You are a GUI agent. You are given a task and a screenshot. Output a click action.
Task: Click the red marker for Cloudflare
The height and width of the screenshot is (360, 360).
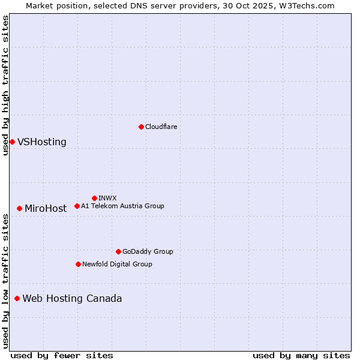tap(141, 127)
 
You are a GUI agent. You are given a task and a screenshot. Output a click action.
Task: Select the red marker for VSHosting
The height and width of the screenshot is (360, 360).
tap(12, 142)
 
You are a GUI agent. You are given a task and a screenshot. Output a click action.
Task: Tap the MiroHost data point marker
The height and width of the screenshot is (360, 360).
tap(19, 208)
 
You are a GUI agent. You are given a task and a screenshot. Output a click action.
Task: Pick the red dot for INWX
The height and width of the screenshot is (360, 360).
tap(94, 198)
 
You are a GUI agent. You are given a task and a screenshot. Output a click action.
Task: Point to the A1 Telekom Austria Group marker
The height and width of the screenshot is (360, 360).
tap(77, 206)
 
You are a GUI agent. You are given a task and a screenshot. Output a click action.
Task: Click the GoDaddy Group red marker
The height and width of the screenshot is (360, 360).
tap(118, 251)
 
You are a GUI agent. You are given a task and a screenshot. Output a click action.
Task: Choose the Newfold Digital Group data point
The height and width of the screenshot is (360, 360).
tap(78, 264)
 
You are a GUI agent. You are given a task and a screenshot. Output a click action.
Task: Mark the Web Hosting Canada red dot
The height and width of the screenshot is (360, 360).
tap(17, 298)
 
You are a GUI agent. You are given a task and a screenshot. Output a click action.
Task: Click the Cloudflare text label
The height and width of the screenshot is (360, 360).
tap(161, 127)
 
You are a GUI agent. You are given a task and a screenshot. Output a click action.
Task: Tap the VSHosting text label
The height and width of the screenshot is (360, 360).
tap(42, 142)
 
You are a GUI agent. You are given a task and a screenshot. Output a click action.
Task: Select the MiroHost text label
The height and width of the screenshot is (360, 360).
tap(46, 209)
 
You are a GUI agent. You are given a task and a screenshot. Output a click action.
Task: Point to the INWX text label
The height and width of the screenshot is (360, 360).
tap(107, 198)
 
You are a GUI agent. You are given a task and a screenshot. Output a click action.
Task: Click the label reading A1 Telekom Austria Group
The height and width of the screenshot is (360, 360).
tap(122, 206)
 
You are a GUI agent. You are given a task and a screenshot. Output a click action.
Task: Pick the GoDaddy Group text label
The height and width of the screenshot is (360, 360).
tap(148, 251)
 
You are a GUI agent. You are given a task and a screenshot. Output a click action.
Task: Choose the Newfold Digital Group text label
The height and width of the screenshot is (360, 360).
tap(117, 264)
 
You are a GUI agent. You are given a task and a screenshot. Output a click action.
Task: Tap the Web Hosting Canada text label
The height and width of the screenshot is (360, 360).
tap(72, 299)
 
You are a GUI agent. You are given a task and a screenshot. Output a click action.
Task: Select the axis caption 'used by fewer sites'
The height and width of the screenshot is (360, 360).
tap(62, 355)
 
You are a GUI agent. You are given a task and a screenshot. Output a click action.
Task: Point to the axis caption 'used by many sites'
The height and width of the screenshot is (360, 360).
tap(301, 355)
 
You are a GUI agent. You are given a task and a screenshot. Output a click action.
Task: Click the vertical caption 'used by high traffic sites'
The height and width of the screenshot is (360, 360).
tap(5, 85)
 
